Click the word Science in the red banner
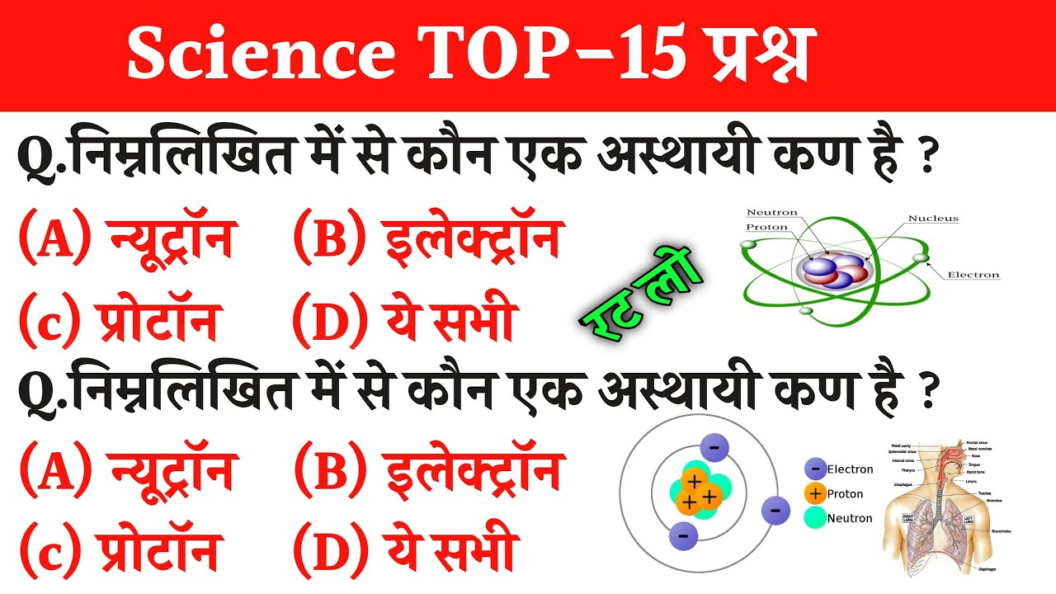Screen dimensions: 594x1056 [260, 55]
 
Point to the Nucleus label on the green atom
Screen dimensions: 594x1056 [933, 219]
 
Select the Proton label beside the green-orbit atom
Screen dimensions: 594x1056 [767, 227]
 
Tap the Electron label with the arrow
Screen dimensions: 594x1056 [973, 275]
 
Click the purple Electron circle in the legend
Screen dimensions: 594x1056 [815, 469]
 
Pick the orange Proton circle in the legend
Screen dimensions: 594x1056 [815, 493]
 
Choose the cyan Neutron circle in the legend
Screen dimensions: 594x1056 [815, 518]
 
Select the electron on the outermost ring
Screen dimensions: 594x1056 [775, 509]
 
